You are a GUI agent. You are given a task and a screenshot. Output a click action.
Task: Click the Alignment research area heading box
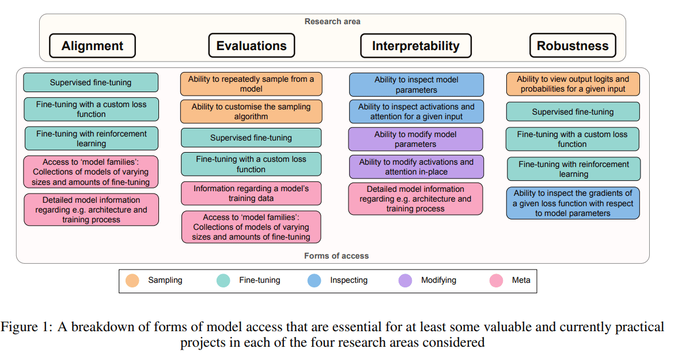(x=92, y=46)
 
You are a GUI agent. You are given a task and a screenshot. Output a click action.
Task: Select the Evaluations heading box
(x=251, y=46)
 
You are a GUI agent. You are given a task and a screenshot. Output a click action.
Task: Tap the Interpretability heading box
(x=415, y=46)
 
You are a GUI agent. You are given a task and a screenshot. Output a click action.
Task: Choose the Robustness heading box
(x=573, y=46)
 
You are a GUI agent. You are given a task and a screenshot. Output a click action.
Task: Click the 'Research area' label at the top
(x=332, y=21)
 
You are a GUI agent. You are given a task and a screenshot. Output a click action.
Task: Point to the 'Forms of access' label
(x=336, y=256)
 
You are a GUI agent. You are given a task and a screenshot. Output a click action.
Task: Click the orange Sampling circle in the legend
(x=132, y=281)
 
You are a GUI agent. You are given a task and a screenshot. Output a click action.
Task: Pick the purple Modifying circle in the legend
(x=406, y=281)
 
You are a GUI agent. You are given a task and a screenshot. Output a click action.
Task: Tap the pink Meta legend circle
(x=497, y=281)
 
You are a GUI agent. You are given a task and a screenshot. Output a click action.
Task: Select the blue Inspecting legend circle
(x=315, y=281)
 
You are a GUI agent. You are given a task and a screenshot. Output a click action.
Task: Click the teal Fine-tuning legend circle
(x=224, y=281)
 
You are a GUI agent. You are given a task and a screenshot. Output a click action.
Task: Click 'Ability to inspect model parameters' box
(x=416, y=85)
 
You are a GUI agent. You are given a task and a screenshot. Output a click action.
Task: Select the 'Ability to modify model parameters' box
(x=416, y=139)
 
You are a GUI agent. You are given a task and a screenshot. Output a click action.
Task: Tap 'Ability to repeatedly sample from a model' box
(x=251, y=84)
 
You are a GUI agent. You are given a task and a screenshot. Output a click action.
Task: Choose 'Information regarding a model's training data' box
(x=251, y=194)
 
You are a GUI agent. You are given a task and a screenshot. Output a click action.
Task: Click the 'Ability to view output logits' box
(x=573, y=84)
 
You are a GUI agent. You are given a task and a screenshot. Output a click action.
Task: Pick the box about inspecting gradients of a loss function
(x=573, y=203)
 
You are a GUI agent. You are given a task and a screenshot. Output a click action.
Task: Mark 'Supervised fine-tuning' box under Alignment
(x=90, y=82)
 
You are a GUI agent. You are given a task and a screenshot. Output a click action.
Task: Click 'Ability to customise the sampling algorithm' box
(x=251, y=112)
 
